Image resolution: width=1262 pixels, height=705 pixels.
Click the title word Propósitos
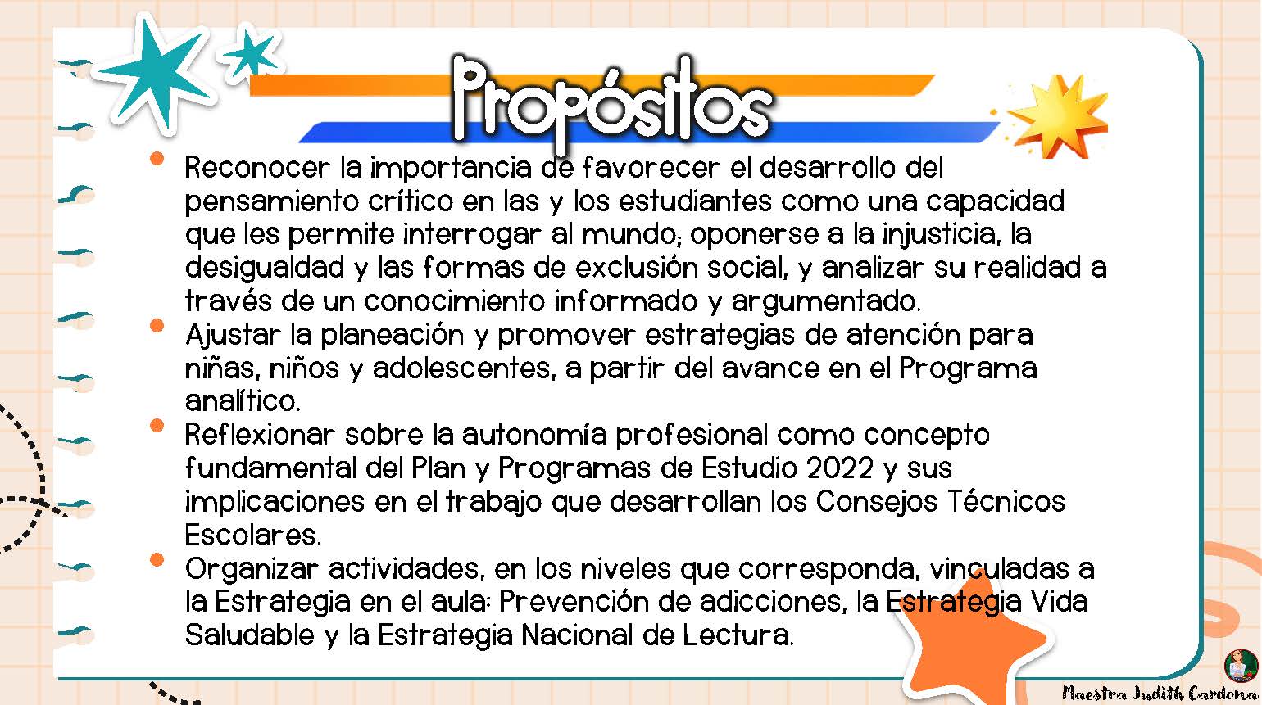coord(612,102)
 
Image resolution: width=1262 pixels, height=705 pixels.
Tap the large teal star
coord(157,73)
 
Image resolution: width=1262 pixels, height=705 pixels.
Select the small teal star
coord(250,52)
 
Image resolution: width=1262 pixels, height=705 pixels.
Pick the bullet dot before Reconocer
coord(157,159)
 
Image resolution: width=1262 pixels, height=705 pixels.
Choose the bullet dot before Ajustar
coord(157,325)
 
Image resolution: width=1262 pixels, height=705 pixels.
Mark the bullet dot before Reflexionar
coord(157,426)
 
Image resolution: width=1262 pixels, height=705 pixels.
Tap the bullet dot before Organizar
coord(157,560)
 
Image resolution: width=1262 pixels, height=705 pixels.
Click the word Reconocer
coord(257,168)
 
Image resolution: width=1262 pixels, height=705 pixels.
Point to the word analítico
coord(243,401)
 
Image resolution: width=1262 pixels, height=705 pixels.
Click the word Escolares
coord(252,535)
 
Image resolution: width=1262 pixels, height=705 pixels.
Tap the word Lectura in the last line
coord(738,635)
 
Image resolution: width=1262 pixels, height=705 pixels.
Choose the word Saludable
coord(249,635)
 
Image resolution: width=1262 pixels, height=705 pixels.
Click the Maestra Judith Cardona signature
coord(1160,694)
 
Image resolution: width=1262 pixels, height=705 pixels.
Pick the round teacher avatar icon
coord(1242,666)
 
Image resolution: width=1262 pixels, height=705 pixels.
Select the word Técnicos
coord(1006,501)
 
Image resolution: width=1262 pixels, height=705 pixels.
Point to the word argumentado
coord(826,302)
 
